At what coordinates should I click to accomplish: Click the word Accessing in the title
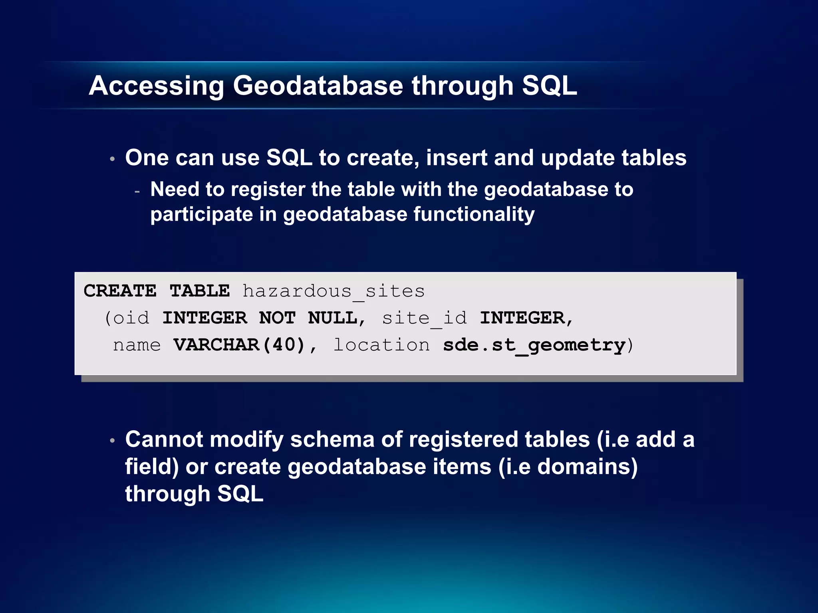click(x=157, y=86)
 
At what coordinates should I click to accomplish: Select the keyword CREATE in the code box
click(x=120, y=291)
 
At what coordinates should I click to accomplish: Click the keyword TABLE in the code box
click(x=200, y=291)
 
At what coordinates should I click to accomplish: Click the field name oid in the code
click(x=131, y=318)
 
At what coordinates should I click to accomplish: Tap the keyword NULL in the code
click(x=333, y=318)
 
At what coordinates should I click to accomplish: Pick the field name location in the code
click(x=381, y=345)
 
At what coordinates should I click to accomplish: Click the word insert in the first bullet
click(x=457, y=158)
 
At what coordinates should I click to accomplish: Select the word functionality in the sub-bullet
click(x=474, y=214)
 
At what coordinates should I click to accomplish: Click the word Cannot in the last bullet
click(x=164, y=439)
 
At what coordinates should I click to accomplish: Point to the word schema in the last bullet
click(x=332, y=439)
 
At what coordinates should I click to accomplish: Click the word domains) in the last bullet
click(x=587, y=467)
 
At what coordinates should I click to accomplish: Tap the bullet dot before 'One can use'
click(x=113, y=159)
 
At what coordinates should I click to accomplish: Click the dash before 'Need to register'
click(x=137, y=192)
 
